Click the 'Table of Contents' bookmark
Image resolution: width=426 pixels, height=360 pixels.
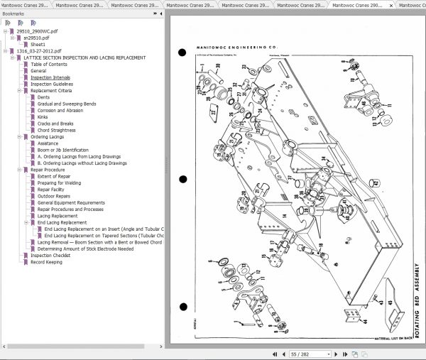pos(50,64)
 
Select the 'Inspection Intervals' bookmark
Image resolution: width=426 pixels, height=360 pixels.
pos(50,77)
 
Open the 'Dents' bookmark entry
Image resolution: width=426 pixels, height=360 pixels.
pos(43,97)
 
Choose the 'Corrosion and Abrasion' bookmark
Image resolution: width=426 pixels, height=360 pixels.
pos(61,110)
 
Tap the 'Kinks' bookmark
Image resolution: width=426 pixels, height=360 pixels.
pos(43,117)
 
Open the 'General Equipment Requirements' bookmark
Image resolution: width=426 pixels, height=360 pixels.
pos(71,203)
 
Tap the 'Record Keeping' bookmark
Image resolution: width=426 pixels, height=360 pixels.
pos(46,262)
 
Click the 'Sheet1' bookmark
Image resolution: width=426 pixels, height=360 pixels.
pos(38,44)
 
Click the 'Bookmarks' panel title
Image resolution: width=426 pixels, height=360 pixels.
pos(13,13)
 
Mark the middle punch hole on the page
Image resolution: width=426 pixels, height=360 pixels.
pos(182,180)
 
